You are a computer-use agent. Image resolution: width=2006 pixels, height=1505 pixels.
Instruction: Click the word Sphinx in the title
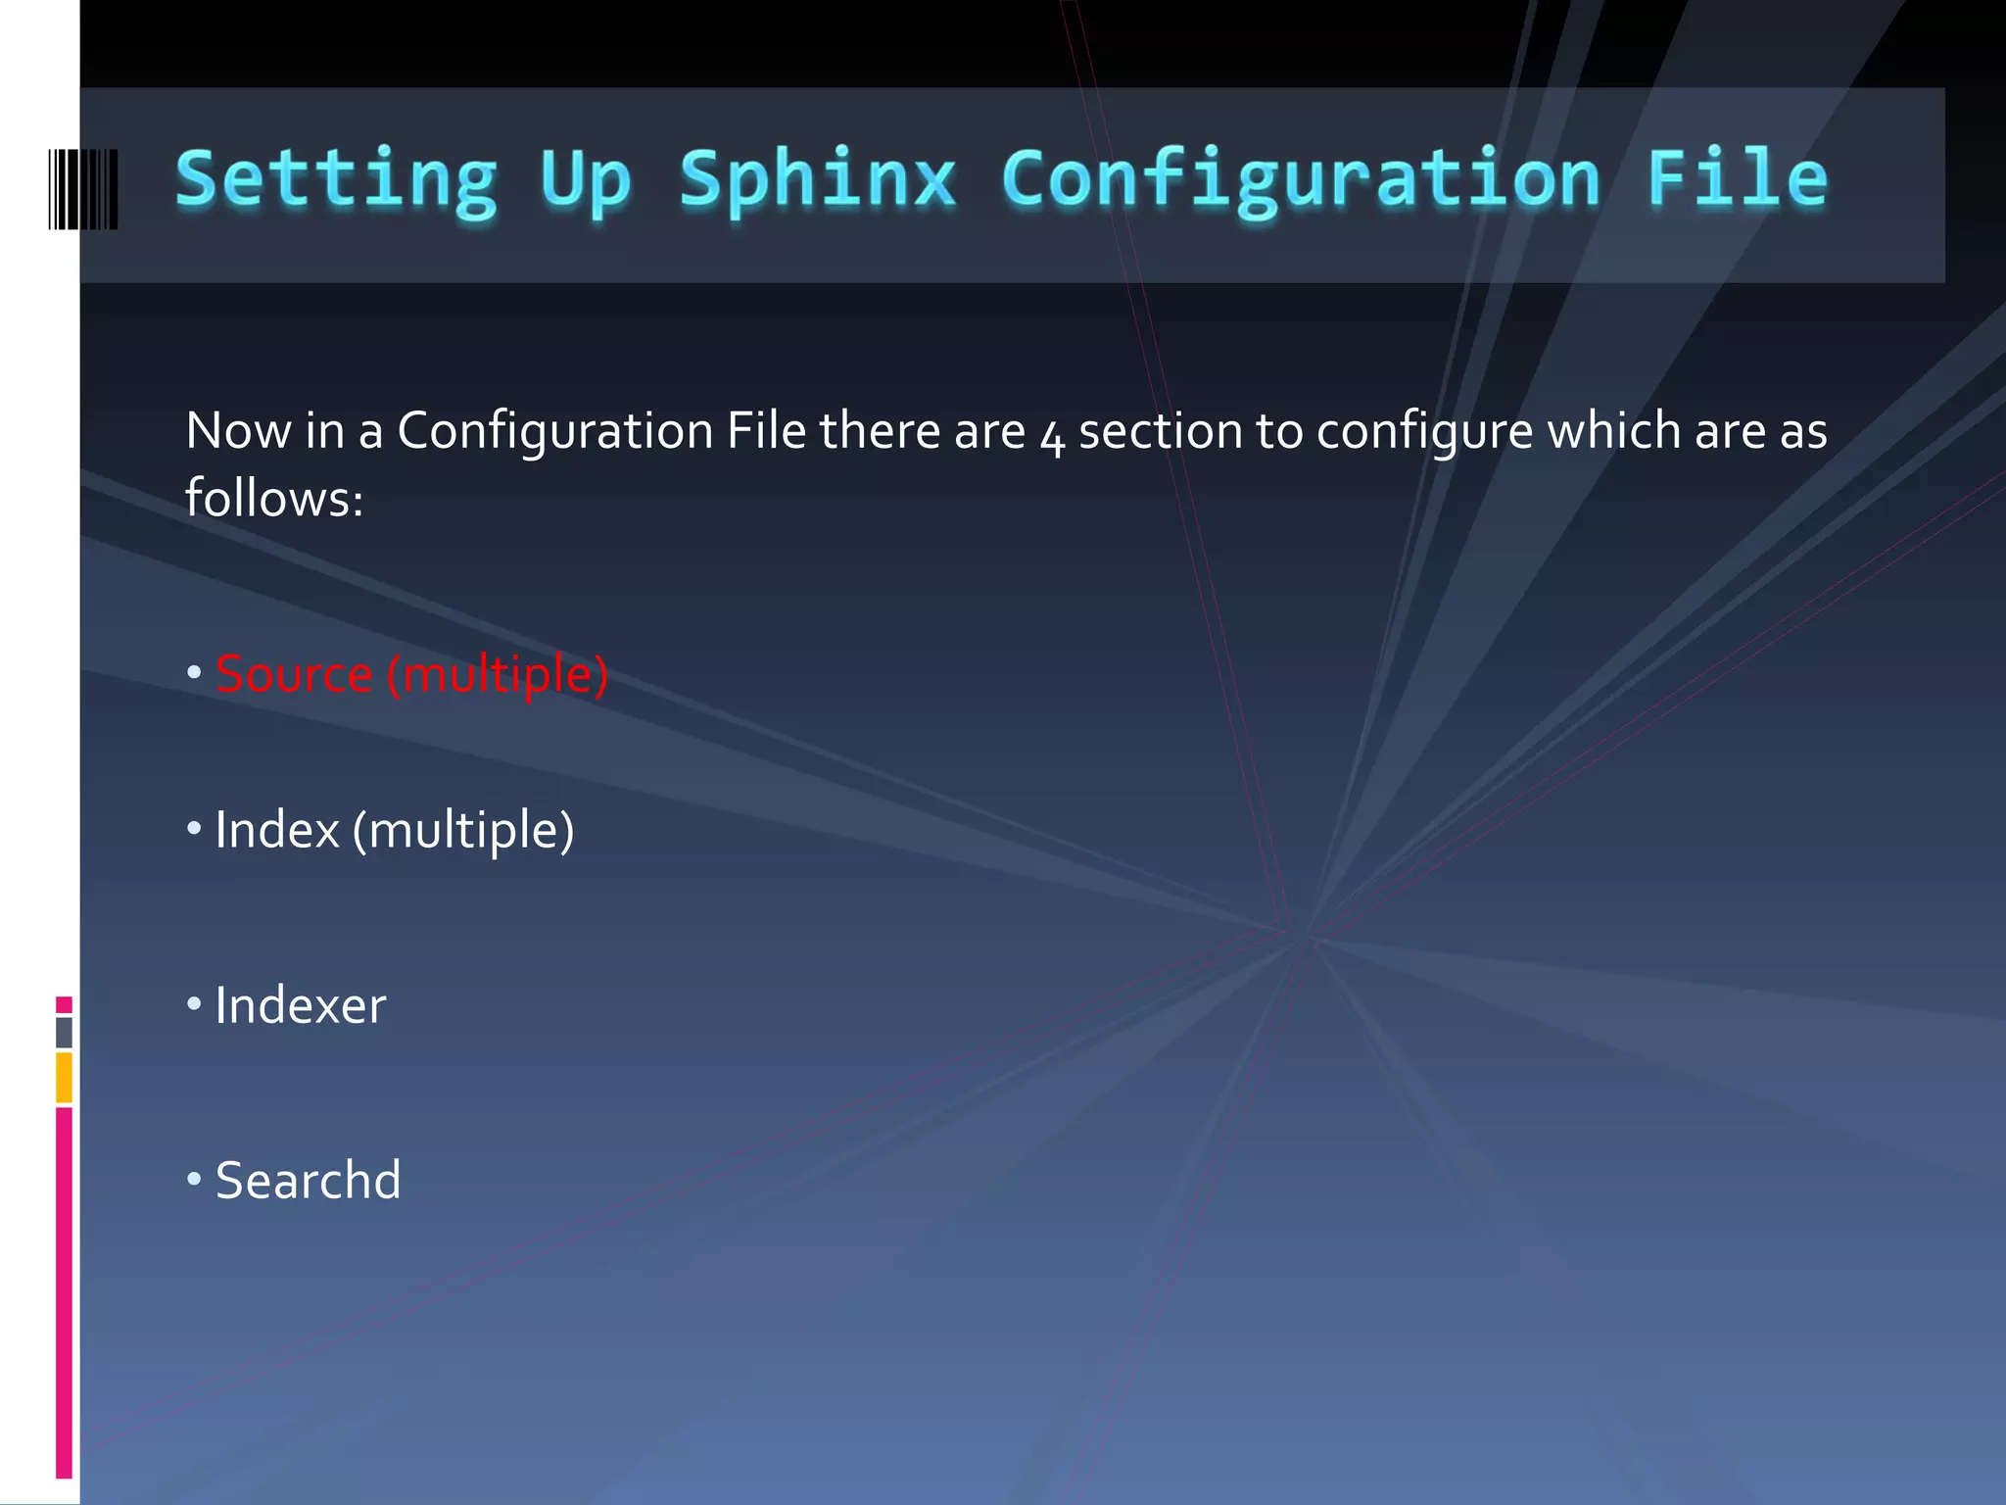pyautogui.click(x=817, y=180)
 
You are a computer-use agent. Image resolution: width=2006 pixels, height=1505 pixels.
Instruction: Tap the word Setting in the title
pyautogui.click(x=336, y=180)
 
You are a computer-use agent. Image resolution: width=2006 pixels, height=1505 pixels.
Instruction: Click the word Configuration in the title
pyautogui.click(x=1301, y=180)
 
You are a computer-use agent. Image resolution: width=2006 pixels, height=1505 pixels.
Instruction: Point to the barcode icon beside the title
pyautogui.click(x=83, y=189)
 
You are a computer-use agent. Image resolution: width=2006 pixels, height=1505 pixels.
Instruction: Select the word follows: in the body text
pyautogui.click(x=274, y=498)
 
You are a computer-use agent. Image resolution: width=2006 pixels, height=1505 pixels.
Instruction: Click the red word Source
pyautogui.click(x=294, y=674)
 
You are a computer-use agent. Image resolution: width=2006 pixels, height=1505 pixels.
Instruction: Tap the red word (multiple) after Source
pyautogui.click(x=498, y=674)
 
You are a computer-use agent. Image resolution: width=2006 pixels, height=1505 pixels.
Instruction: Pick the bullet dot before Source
pyautogui.click(x=194, y=673)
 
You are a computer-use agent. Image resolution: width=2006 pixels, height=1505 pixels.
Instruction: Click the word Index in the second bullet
pyautogui.click(x=277, y=830)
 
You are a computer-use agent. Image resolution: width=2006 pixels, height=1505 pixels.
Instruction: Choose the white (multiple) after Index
pyautogui.click(x=463, y=830)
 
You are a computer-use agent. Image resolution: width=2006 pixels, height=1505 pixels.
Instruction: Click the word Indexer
pyautogui.click(x=301, y=1005)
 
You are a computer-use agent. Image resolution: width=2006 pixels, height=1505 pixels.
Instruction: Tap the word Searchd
pyautogui.click(x=308, y=1180)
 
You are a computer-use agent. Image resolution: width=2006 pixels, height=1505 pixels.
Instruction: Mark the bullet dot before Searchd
pyautogui.click(x=194, y=1179)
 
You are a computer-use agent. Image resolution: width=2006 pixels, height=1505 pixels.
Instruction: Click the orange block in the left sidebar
pyautogui.click(x=64, y=1077)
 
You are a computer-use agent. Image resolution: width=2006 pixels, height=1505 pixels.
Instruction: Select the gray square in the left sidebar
pyautogui.click(x=64, y=1032)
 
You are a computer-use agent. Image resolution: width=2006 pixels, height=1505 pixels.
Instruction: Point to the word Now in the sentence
pyautogui.click(x=238, y=431)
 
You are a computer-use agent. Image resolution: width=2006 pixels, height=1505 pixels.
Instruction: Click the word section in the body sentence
pyautogui.click(x=1161, y=431)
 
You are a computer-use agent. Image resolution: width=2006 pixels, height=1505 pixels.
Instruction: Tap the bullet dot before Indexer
pyautogui.click(x=194, y=1003)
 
